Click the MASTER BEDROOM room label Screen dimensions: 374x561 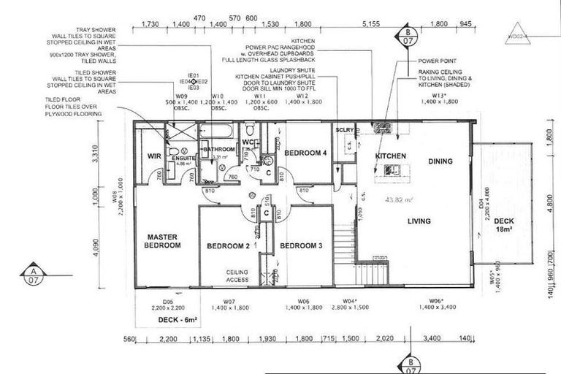pyautogui.click(x=163, y=241)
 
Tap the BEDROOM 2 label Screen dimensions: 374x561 pyautogui.click(x=228, y=245)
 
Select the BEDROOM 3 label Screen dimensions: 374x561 pyautogui.click(x=301, y=245)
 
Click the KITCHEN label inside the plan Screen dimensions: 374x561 pyautogui.click(x=390, y=157)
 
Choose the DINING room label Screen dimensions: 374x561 pyautogui.click(x=440, y=161)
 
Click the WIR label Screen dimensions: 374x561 pyautogui.click(x=153, y=156)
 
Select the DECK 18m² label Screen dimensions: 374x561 pyautogui.click(x=505, y=225)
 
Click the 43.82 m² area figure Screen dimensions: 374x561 pyautogui.click(x=400, y=199)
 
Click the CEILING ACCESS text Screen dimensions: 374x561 pyautogui.click(x=237, y=275)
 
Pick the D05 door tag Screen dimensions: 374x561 pyautogui.click(x=167, y=300)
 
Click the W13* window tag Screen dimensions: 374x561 pyautogui.click(x=438, y=96)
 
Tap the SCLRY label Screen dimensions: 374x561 pyautogui.click(x=345, y=130)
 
